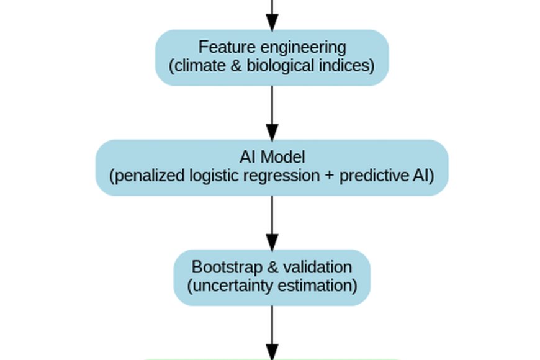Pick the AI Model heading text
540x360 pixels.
click(272, 157)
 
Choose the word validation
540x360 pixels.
click(317, 268)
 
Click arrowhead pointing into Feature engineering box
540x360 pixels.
click(272, 22)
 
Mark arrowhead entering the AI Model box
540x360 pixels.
click(272, 132)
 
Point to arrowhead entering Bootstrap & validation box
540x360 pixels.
click(272, 242)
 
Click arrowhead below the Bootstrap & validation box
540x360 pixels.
click(272, 351)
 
